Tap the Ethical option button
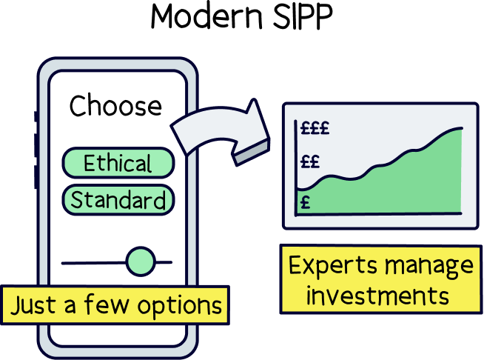click(118, 164)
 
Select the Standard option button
click(118, 200)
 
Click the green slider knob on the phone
click(140, 261)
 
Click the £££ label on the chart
click(315, 128)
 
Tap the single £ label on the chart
click(305, 201)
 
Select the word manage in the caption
click(429, 266)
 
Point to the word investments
click(378, 296)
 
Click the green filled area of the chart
click(400, 189)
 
